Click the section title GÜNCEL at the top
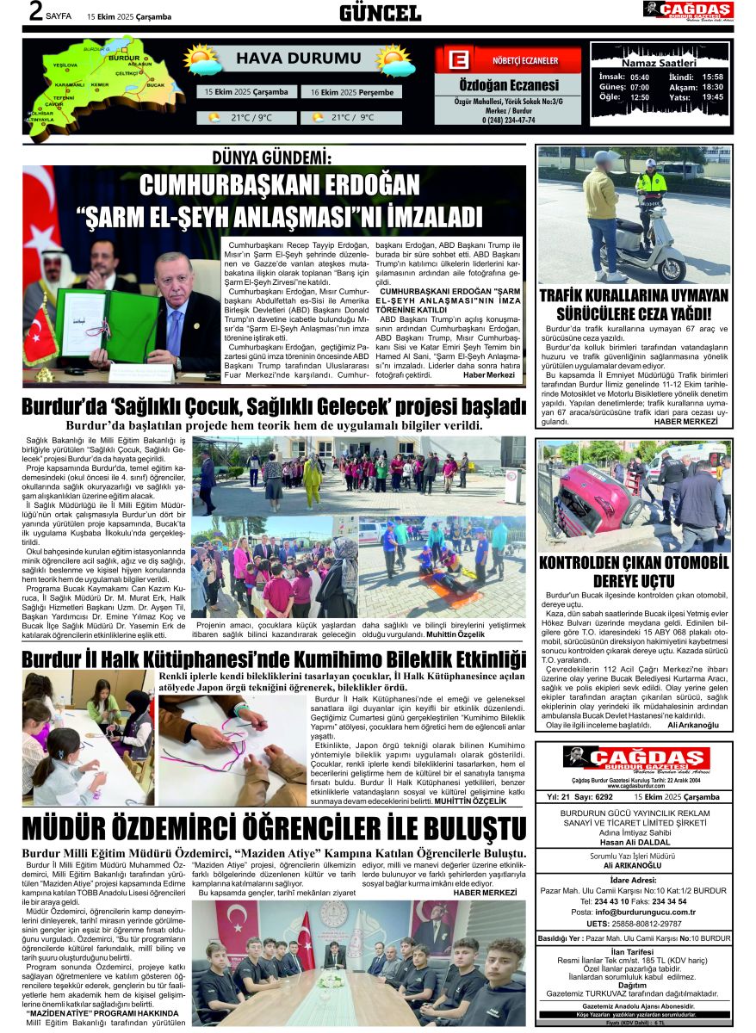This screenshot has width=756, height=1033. pos(380,12)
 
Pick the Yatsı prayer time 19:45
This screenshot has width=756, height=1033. pos(712,97)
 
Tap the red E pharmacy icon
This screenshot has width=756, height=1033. pos(459,60)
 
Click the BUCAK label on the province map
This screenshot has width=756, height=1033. pos(156,85)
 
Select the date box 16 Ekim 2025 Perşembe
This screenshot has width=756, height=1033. pos(351,92)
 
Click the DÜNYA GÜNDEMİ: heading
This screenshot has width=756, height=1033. pos(272,158)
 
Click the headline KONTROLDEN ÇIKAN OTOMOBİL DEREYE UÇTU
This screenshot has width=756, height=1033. pos(634,572)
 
